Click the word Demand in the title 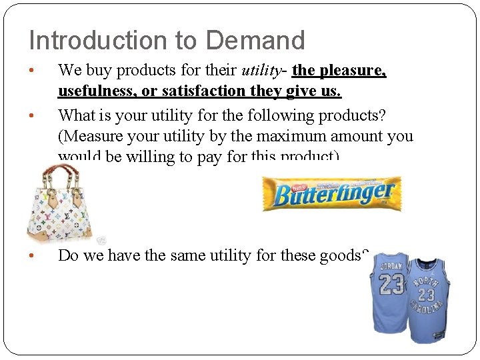click(255, 41)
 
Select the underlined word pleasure click(353, 71)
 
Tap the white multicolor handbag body click(63, 213)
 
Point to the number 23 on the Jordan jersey click(391, 285)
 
